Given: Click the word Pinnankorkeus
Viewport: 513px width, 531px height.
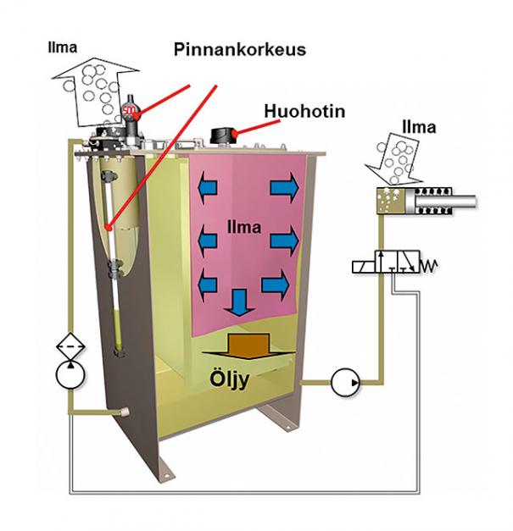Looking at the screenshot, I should tap(239, 49).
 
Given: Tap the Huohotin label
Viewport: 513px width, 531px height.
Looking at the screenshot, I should tap(304, 111).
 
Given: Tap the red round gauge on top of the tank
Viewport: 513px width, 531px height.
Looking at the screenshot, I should tap(130, 112).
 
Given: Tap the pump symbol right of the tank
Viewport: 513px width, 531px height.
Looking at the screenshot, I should tap(343, 382).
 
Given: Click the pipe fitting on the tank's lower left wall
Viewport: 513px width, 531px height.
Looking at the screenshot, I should tap(125, 411).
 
